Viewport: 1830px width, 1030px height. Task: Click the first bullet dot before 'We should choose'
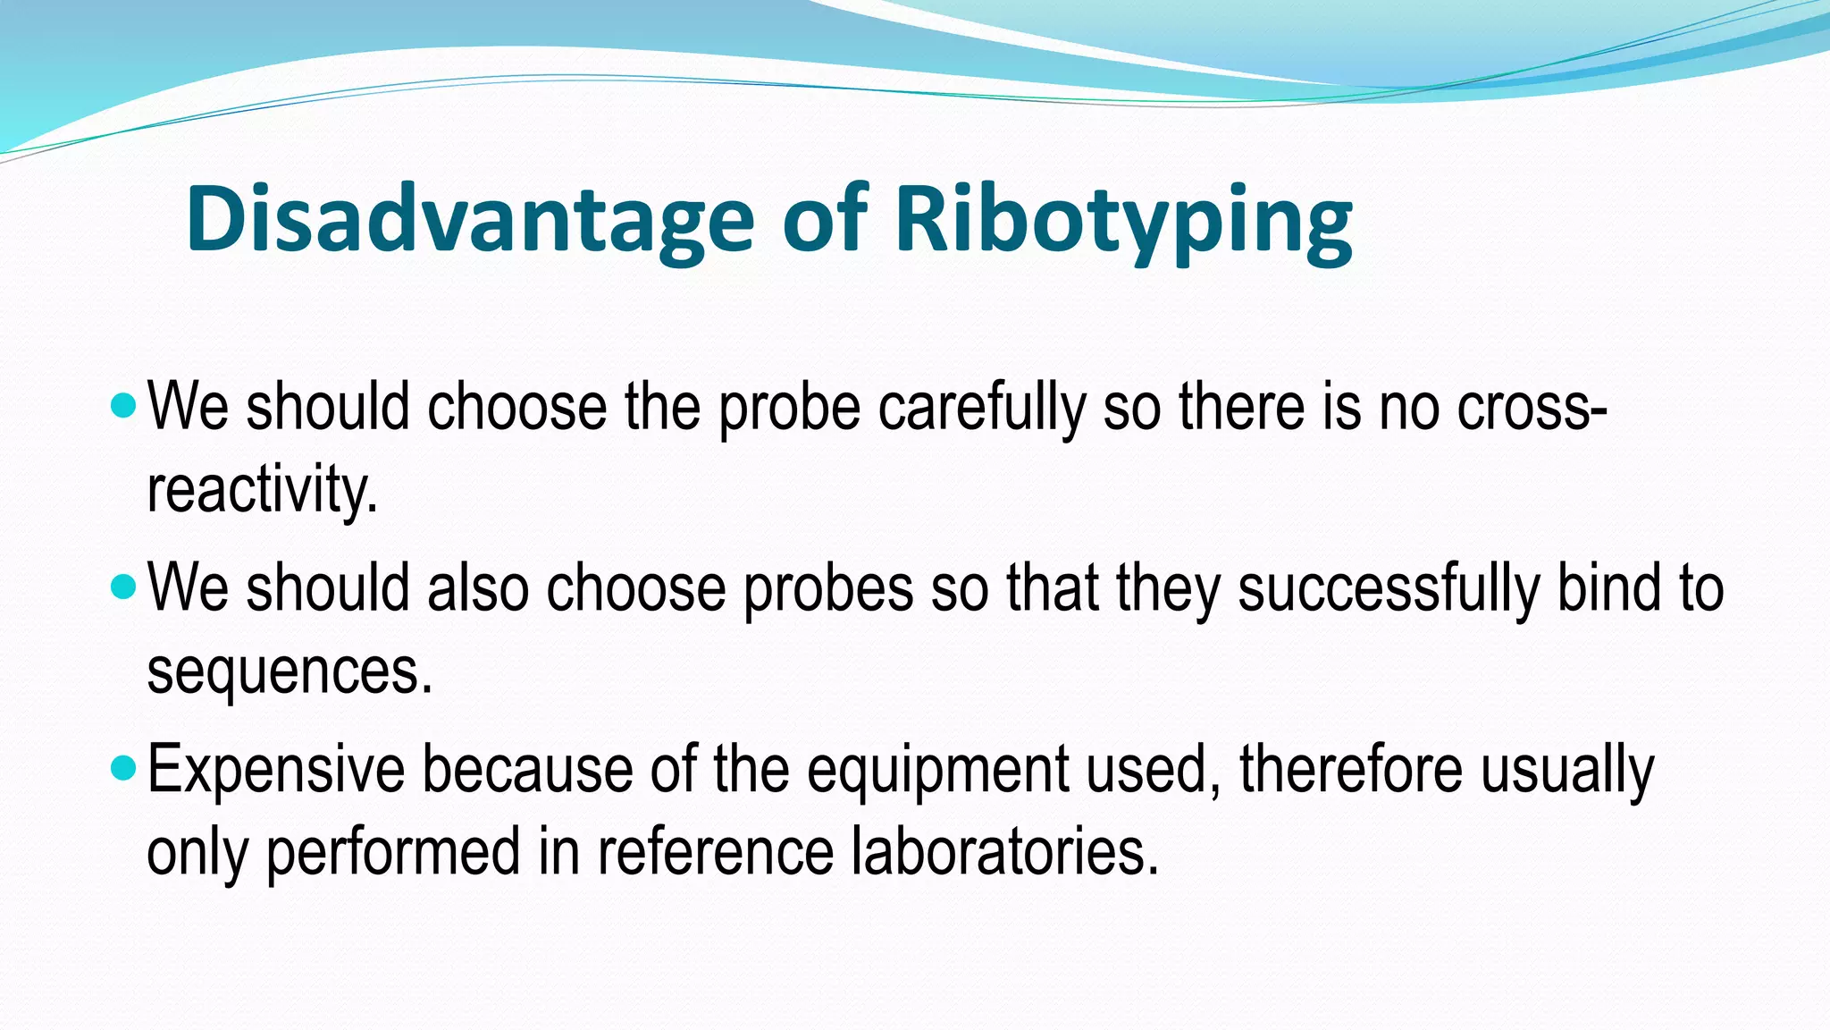pos(124,408)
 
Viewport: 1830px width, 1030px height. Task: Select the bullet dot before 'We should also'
pos(124,587)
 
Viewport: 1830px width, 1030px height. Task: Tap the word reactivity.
pos(262,491)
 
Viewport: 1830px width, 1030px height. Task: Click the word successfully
pos(1389,589)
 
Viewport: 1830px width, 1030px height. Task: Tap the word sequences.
pos(289,671)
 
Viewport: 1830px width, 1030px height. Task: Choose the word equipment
pos(937,770)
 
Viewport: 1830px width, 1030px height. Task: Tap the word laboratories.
pos(1004,852)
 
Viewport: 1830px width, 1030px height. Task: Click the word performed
pos(393,852)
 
